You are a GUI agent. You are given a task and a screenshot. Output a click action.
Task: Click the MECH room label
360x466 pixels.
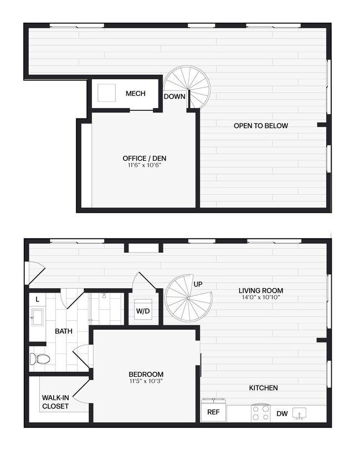tap(135, 94)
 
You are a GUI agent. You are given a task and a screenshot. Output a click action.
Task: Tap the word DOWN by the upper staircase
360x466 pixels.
tap(174, 96)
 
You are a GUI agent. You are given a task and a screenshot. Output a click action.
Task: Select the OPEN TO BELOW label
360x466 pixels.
tap(260, 126)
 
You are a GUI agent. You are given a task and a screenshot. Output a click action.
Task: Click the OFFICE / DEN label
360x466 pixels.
tap(144, 158)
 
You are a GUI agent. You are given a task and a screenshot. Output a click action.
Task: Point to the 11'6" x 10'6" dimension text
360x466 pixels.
tap(144, 165)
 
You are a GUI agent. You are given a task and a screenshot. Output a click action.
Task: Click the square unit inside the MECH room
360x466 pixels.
tap(107, 93)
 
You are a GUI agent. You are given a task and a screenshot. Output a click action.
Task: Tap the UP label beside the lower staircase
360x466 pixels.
tap(198, 284)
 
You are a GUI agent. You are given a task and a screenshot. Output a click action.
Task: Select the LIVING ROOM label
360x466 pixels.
tap(261, 290)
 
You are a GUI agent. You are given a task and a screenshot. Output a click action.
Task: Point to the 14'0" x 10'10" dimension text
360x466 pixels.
tap(261, 298)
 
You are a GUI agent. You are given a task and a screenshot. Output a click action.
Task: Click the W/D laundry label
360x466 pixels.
tap(143, 311)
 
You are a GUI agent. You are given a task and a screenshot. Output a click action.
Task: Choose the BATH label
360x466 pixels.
tap(64, 331)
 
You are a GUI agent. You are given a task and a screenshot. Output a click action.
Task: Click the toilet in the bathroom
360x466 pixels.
tap(39, 359)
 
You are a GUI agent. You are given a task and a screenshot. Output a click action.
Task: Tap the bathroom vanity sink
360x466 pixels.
tap(38, 318)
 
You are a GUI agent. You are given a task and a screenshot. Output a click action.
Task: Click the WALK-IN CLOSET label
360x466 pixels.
tap(55, 402)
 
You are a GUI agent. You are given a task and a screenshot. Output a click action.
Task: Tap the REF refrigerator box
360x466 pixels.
tap(213, 412)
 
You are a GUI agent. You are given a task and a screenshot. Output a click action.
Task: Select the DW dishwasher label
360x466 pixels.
tap(281, 413)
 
